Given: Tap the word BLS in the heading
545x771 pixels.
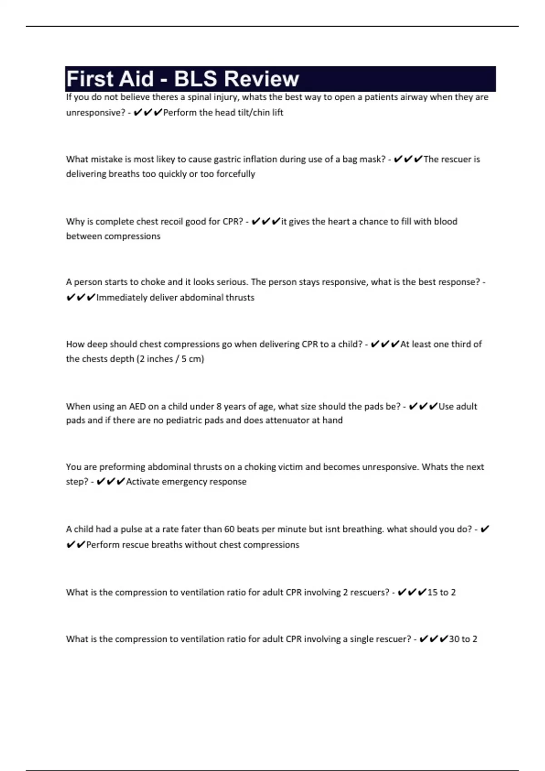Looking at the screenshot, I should click(196, 79).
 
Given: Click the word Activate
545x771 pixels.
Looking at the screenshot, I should click(142, 482).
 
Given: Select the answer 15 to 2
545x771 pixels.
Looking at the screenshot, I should click(441, 592).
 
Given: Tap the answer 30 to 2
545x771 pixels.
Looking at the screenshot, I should click(463, 639).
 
